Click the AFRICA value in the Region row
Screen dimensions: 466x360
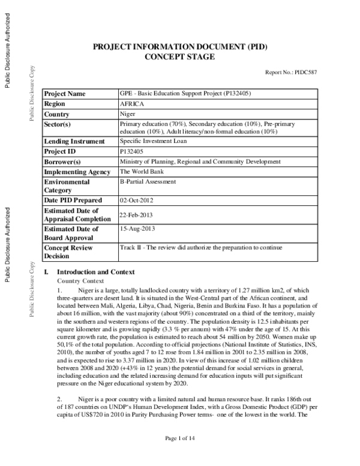click(x=131, y=103)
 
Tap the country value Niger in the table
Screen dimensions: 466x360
click(x=128, y=113)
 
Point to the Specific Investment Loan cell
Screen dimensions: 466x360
click(x=154, y=141)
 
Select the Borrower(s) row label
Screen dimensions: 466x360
click(x=63, y=162)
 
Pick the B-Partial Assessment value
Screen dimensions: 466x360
click(x=148, y=181)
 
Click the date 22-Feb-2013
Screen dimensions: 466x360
click(x=139, y=214)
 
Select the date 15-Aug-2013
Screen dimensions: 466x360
click(x=139, y=229)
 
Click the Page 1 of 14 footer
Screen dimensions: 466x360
click(x=180, y=456)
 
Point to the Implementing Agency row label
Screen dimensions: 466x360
click(x=77, y=172)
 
